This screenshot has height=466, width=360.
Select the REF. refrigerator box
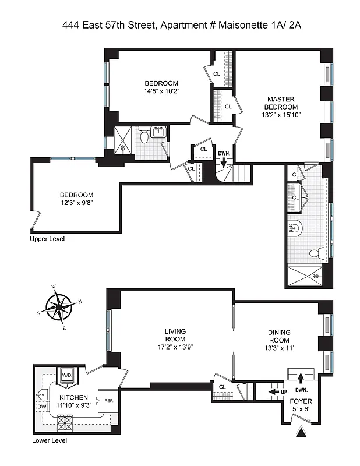108,400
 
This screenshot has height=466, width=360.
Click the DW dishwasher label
41,407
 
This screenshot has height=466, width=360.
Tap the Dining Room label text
278,336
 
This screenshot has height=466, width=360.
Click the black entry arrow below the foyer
301,433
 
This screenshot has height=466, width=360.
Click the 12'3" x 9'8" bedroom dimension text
76,203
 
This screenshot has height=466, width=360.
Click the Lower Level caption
50,441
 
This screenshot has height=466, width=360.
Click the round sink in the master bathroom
295,230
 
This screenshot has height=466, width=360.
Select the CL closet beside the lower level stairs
223,387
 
